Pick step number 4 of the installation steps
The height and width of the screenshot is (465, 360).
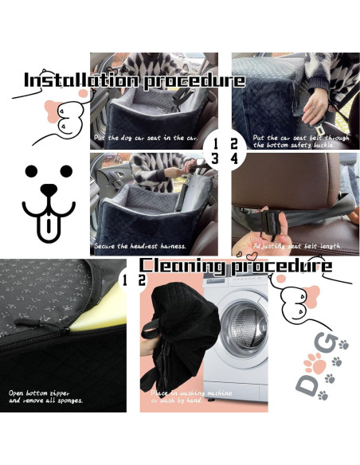[233, 158]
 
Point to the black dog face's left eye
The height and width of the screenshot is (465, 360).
[30, 172]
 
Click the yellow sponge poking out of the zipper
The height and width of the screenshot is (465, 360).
[96, 326]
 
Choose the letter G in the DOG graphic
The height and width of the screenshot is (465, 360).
[327, 342]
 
